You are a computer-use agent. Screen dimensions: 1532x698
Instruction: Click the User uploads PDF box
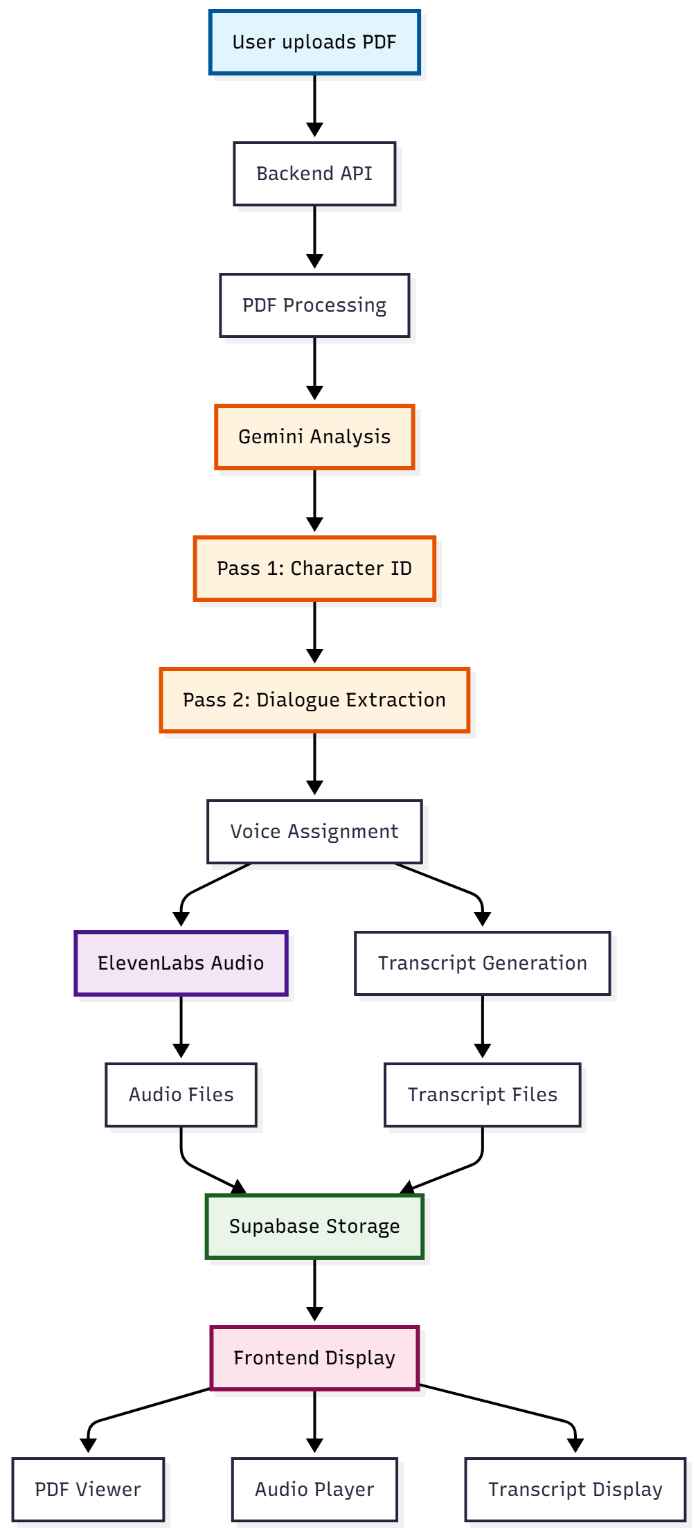coord(314,42)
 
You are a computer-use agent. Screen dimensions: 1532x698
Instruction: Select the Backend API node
coord(314,174)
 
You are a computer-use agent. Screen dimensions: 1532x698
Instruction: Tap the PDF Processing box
coord(314,305)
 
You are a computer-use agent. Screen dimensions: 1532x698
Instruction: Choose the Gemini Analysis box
coord(314,437)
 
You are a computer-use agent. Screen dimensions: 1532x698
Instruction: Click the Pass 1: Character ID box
coord(314,569)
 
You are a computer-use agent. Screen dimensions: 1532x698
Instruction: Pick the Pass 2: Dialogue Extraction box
coord(314,700)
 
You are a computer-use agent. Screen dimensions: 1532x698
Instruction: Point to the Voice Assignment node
coord(314,832)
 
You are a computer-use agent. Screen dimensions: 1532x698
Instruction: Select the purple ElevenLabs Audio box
coord(181,963)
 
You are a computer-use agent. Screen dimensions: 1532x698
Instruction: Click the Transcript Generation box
coord(482,963)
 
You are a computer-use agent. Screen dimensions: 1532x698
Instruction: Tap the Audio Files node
coord(181,1095)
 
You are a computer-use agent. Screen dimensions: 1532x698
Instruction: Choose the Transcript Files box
coord(482,1095)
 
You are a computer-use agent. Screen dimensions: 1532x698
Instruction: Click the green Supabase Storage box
coord(314,1227)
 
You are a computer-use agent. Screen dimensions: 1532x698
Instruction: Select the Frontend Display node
coord(314,1358)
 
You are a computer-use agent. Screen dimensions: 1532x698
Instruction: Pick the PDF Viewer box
coord(88,1490)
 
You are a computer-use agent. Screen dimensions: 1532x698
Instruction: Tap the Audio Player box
coord(314,1490)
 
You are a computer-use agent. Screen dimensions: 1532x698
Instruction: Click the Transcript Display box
coord(575,1490)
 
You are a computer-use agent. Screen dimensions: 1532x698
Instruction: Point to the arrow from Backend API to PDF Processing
coord(314,235)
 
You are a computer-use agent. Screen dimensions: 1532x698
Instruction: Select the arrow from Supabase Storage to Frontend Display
coord(314,1288)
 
